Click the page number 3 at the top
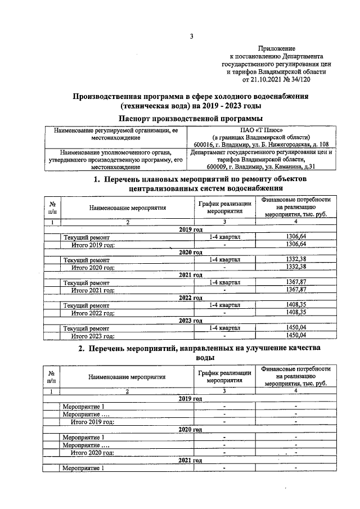coord(191,37)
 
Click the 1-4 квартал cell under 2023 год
coord(224,327)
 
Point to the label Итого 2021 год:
coord(93,290)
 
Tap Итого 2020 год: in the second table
coord(93,452)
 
